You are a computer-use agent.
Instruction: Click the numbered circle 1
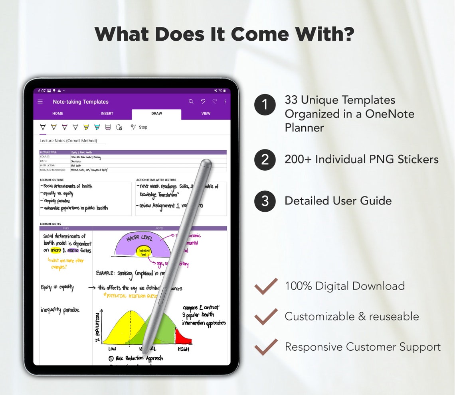pos(265,105)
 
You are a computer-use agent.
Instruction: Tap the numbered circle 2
pos(265,160)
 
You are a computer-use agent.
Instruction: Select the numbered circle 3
pos(265,201)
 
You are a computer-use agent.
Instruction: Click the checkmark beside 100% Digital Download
pos(266,286)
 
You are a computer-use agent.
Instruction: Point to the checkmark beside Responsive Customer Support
pos(266,347)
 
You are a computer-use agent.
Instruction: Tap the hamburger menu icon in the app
pos(40,102)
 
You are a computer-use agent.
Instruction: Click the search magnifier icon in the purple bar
pos(191,102)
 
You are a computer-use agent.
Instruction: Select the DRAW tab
pos(156,114)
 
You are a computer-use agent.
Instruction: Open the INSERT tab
pos(107,114)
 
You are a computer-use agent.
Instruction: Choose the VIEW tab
pos(206,114)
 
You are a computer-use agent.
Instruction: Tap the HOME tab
pos(58,114)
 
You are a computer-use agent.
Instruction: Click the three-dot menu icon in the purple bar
pos(225,102)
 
